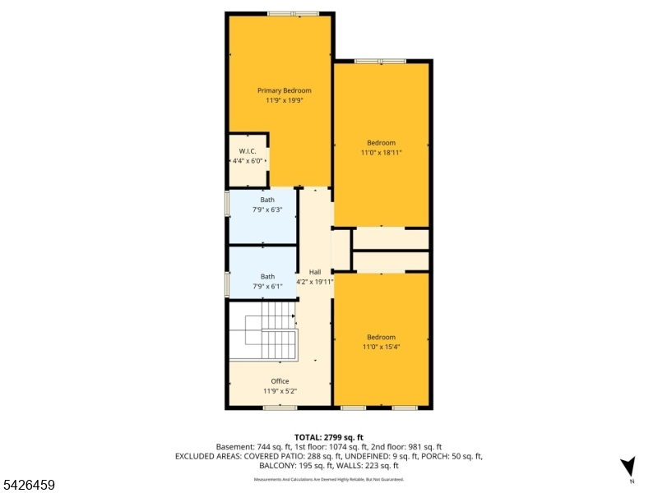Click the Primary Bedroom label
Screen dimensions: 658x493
click(284, 90)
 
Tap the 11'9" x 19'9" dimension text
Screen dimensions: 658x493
click(284, 100)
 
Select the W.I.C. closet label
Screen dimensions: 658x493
click(248, 151)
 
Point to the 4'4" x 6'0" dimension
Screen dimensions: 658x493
click(248, 161)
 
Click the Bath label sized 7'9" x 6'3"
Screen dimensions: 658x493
click(267, 200)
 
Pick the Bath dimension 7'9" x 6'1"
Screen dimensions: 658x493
click(267, 286)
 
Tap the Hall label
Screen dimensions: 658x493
click(315, 272)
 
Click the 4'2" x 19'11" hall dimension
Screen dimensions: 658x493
click(315, 282)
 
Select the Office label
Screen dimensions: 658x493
click(280, 381)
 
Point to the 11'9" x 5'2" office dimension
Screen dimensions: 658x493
click(280, 391)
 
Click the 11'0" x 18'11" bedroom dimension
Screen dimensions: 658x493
click(381, 153)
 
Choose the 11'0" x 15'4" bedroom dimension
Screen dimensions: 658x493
click(381, 347)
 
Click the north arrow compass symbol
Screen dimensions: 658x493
click(628, 467)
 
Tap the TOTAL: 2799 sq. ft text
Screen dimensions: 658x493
click(328, 438)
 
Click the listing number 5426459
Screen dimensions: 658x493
click(28, 485)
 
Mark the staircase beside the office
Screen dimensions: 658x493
click(263, 331)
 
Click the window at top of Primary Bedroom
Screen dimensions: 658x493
click(294, 14)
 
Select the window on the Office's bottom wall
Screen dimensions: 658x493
click(280, 408)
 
